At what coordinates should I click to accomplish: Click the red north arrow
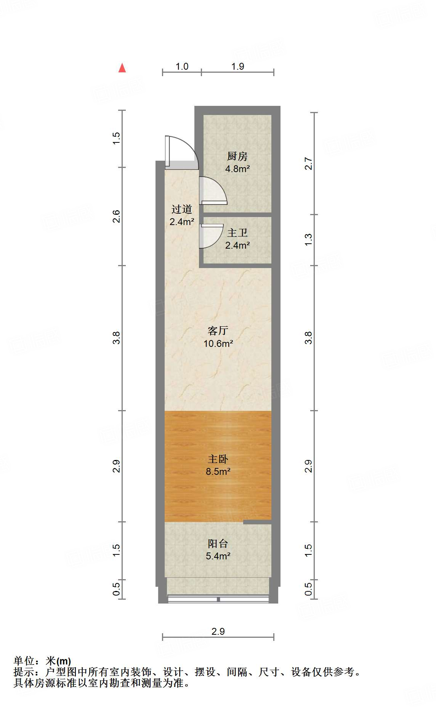click(x=122, y=68)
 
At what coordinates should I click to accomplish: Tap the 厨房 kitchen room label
click(x=237, y=156)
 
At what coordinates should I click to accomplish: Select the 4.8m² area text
click(x=237, y=169)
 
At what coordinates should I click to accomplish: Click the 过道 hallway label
click(x=181, y=209)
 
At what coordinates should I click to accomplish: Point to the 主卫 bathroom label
click(x=237, y=233)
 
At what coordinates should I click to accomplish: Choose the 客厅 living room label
click(x=218, y=331)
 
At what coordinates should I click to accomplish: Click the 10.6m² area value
click(x=218, y=343)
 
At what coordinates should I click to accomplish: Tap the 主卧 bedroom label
click(x=218, y=459)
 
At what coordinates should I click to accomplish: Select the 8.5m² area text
click(x=218, y=472)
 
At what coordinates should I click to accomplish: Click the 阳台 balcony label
click(x=218, y=543)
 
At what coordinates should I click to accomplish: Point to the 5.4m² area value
click(x=218, y=556)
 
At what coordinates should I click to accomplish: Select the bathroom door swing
click(x=211, y=236)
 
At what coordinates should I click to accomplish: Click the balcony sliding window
click(x=218, y=599)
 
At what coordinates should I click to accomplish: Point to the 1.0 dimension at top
click(x=182, y=66)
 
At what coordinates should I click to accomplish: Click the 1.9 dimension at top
click(x=237, y=66)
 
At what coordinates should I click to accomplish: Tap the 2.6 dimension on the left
click(x=116, y=216)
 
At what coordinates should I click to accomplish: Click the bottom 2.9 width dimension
click(x=218, y=631)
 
